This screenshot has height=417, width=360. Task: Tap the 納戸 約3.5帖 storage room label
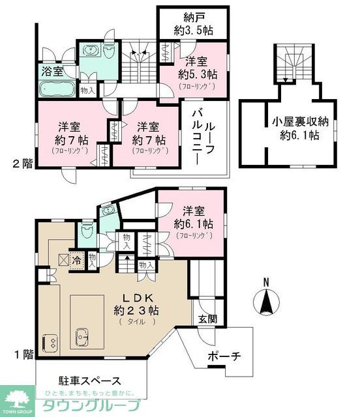pyautogui.click(x=192, y=23)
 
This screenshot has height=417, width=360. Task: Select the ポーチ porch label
pyautogui.click(x=224, y=356)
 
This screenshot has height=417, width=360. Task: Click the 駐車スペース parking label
pyautogui.click(x=90, y=380)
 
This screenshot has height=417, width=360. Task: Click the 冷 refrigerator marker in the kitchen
pyautogui.click(x=77, y=259)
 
